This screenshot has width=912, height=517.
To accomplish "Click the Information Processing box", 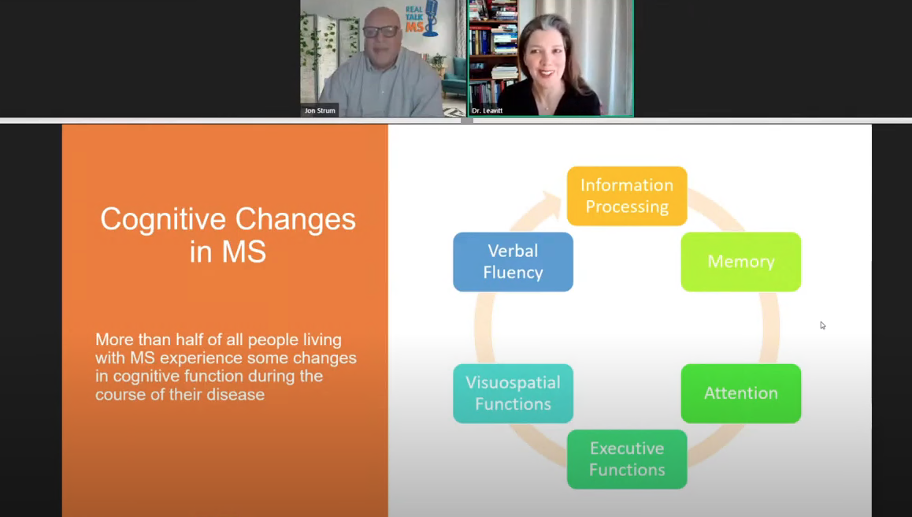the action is (627, 195).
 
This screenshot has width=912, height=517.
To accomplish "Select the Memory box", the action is (741, 262).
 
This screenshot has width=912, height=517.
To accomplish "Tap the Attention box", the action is (741, 393).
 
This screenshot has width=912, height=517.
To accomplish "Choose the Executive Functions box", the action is (627, 459).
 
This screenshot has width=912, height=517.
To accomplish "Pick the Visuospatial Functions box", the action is (513, 393).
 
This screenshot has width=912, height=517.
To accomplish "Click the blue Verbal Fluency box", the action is (513, 262).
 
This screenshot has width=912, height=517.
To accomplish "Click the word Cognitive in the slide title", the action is (163, 220).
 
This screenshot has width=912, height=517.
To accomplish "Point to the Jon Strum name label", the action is (320, 110).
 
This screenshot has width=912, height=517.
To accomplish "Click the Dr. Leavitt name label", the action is (487, 110).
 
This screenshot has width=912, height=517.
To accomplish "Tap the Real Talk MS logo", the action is (421, 19).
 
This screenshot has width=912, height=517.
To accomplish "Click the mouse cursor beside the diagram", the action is (822, 325).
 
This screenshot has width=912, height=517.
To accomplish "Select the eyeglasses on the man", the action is (381, 32).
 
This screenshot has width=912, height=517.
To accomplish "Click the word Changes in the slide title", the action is (295, 220).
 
